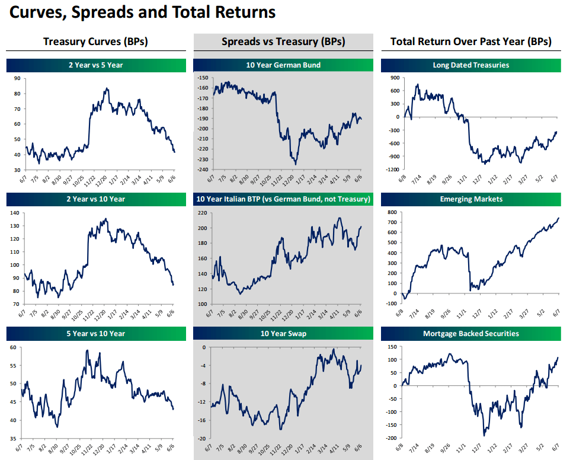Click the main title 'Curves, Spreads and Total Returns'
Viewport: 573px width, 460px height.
click(142, 12)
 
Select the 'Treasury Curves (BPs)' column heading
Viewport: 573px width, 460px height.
click(95, 41)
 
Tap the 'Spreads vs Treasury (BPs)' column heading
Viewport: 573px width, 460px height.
click(283, 41)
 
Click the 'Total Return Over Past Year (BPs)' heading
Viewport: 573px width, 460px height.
click(471, 41)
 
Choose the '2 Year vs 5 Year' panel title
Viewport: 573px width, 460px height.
click(95, 65)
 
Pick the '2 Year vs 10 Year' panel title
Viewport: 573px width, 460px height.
click(95, 199)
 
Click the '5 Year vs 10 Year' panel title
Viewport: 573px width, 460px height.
click(95, 333)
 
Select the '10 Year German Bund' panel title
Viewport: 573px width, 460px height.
click(283, 65)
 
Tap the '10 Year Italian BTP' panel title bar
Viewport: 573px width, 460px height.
click(283, 199)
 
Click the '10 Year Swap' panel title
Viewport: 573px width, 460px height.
click(283, 333)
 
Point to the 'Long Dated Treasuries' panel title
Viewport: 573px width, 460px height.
click(471, 65)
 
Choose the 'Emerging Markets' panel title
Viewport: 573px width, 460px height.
click(471, 199)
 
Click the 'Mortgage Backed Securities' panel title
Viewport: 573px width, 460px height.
click(471, 333)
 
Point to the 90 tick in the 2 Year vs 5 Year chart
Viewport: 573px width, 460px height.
click(17, 78)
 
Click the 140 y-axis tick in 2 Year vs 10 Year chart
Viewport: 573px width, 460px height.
click(15, 212)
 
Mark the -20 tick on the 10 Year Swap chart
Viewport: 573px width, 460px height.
click(204, 438)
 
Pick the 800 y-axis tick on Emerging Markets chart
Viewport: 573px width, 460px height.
click(392, 212)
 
